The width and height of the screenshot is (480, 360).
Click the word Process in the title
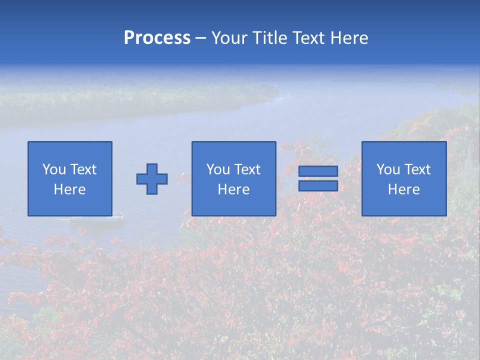(x=157, y=38)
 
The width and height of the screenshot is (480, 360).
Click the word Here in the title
(x=349, y=38)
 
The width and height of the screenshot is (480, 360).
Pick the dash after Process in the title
(x=200, y=39)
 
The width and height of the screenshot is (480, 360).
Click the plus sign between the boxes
(x=152, y=179)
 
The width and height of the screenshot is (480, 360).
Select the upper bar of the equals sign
(x=318, y=171)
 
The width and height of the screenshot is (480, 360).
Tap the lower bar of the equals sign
(x=318, y=185)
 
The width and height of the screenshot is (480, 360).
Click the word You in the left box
(x=54, y=169)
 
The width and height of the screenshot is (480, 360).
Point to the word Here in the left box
(x=69, y=189)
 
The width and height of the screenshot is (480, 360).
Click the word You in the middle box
(x=218, y=169)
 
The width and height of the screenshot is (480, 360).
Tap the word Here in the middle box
(x=233, y=189)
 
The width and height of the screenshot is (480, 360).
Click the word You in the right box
(x=388, y=169)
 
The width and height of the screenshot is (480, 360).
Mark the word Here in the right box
(x=403, y=189)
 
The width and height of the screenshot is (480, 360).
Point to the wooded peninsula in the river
(x=150, y=95)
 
